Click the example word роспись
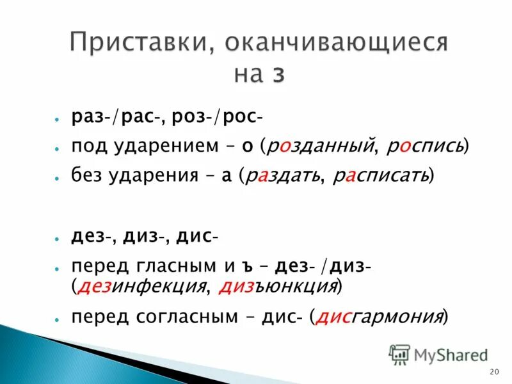[x=425, y=147]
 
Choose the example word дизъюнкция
[x=278, y=286]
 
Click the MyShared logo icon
[x=400, y=353]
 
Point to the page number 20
[x=493, y=372]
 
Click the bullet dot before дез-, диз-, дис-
[x=58, y=237]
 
